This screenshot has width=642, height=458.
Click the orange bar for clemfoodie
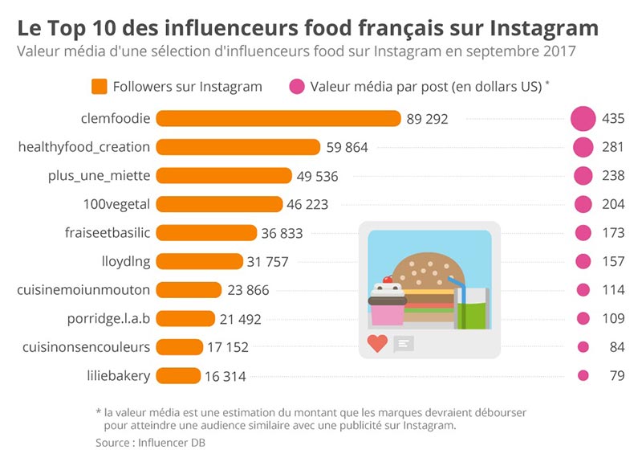tap(278, 119)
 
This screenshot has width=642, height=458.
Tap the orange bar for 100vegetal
tap(219, 204)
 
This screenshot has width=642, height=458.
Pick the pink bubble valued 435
tap(583, 119)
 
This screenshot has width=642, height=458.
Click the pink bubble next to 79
tap(583, 375)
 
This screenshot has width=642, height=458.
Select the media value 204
tap(613, 204)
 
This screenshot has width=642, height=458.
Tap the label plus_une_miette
tap(110, 175)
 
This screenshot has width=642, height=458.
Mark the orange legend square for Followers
tap(100, 87)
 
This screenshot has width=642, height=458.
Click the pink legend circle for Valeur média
tap(297, 87)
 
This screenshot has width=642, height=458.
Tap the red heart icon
tap(377, 343)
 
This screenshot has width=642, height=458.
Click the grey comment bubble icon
tap(404, 343)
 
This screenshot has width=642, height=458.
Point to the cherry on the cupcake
tap(388, 280)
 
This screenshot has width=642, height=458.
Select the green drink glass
tap(473, 309)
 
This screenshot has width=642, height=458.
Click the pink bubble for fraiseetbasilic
tap(583, 233)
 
